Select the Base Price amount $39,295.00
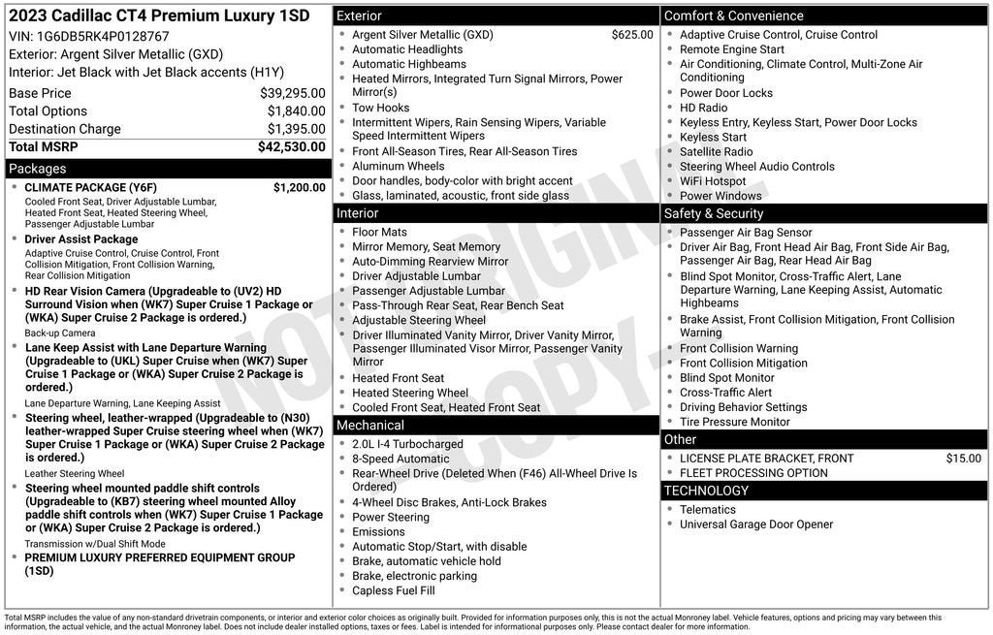[x=292, y=93]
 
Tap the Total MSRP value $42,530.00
[x=291, y=147]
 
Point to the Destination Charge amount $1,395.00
[x=296, y=129]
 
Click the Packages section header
[x=38, y=169]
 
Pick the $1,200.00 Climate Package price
[x=299, y=187]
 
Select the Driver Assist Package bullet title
[x=81, y=239]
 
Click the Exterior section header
[x=359, y=16]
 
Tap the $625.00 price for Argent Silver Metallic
[x=632, y=35]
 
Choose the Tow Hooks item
[x=380, y=108]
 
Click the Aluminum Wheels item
[x=398, y=166]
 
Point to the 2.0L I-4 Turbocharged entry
[x=407, y=444]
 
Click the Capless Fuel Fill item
[x=393, y=590]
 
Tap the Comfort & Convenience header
[x=733, y=16]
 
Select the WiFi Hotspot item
[x=713, y=181]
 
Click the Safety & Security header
[x=714, y=213]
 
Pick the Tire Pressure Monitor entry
[x=734, y=422]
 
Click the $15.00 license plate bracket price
[x=963, y=459]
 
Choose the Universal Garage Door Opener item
[x=755, y=524]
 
